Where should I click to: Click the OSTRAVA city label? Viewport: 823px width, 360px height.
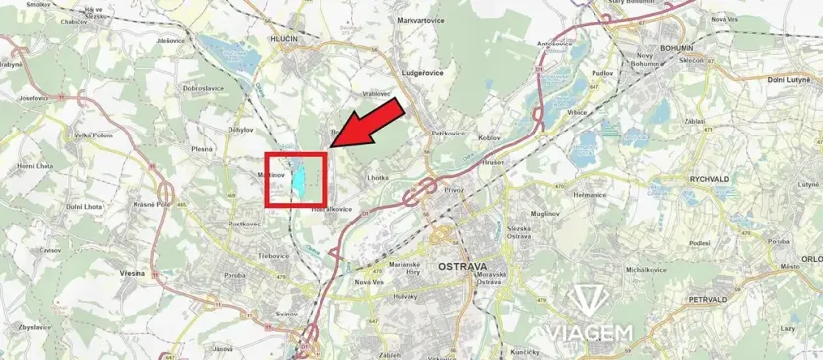tap(463, 268)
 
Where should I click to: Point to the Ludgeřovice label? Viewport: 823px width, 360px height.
tap(420, 73)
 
